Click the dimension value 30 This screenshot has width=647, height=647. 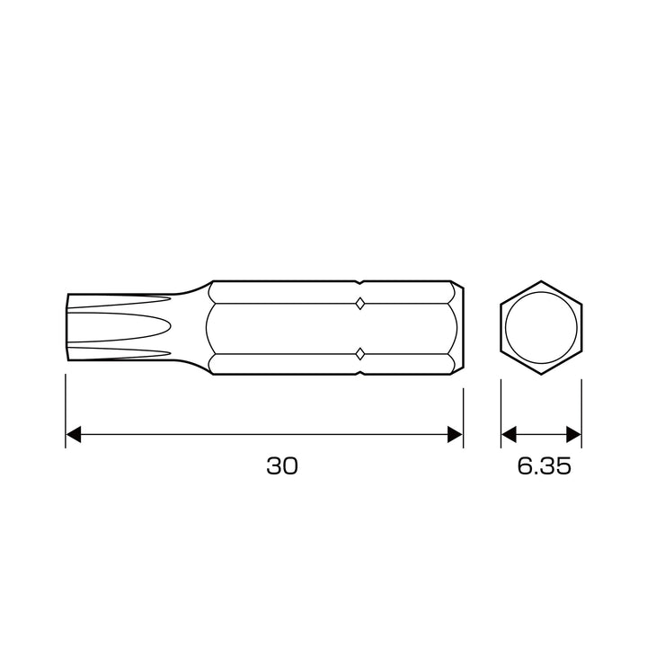282,465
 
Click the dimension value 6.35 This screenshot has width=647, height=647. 545,465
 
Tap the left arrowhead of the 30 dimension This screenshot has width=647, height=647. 74,435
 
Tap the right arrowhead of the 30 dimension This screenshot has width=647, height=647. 455,435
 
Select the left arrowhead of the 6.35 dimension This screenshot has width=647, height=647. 509,435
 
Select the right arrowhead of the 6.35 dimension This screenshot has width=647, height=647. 573,435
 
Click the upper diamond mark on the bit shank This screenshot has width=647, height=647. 360,304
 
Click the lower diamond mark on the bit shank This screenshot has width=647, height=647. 360,354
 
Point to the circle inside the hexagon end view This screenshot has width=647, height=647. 541,292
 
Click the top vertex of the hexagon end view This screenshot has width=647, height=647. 541,281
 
